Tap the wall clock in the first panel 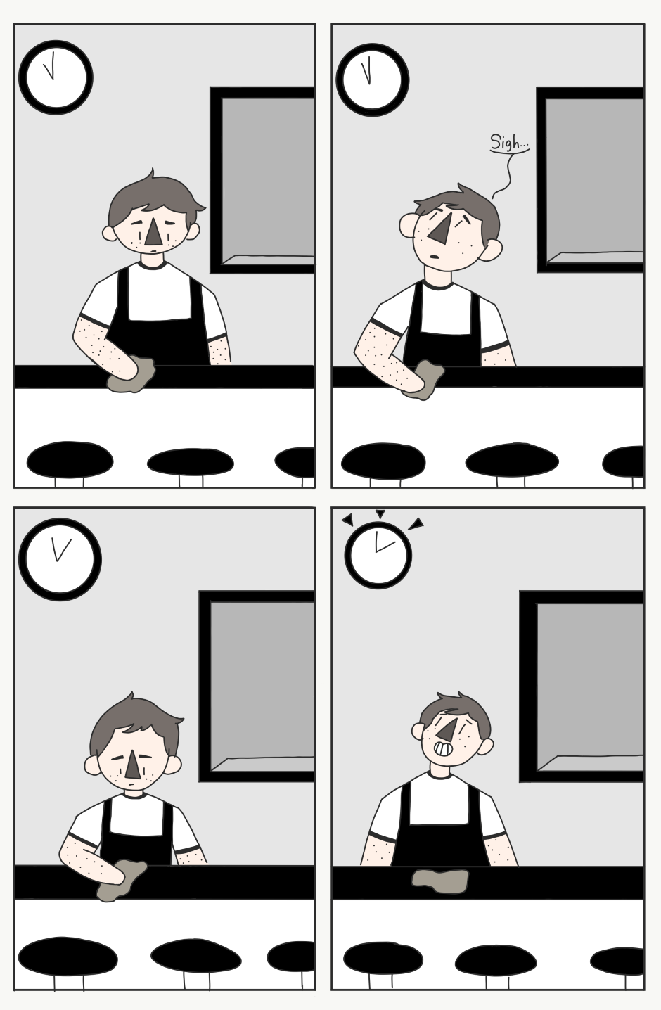56,77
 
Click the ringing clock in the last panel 378,555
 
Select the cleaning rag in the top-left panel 131,374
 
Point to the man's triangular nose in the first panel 153,233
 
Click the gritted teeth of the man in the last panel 442,749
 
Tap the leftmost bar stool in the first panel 70,459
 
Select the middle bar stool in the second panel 512,461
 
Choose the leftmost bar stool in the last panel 383,958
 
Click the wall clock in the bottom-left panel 60,560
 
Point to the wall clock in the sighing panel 373,79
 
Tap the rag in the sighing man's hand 423,380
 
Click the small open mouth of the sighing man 435,258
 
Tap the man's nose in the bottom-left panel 132,766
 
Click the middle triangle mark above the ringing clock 380,513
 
